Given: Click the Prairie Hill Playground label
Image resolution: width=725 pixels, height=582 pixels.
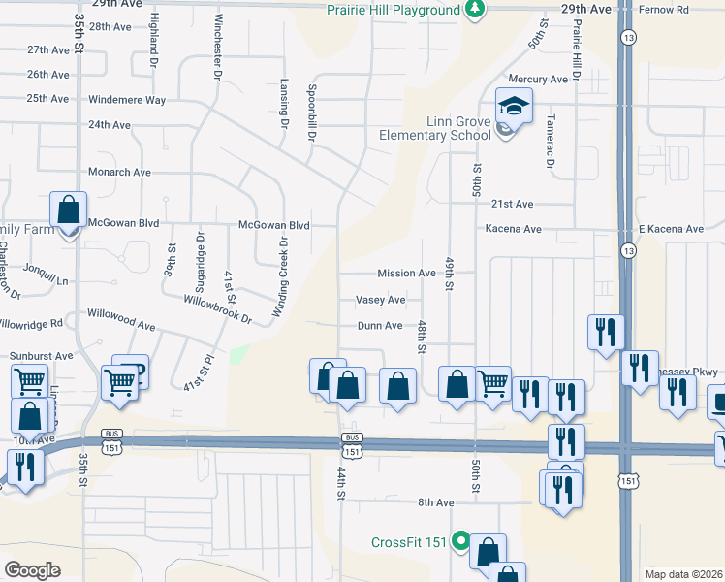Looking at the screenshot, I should click(x=393, y=10).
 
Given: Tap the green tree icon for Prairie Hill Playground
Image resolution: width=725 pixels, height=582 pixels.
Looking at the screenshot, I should click(x=474, y=10).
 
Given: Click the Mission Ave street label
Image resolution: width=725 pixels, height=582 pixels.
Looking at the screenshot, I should click(x=406, y=274).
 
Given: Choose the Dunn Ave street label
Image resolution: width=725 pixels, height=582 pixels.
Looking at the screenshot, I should click(x=379, y=326).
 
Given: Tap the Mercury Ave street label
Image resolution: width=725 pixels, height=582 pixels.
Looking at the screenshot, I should click(x=538, y=79).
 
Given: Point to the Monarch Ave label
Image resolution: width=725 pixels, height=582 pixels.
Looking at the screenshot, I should click(x=120, y=172).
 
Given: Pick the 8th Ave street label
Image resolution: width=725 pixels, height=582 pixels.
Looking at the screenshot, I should click(x=436, y=502).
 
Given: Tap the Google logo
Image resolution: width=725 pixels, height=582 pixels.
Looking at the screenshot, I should click(x=33, y=569).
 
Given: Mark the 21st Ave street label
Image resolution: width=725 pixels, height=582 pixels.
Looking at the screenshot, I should click(x=512, y=205).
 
